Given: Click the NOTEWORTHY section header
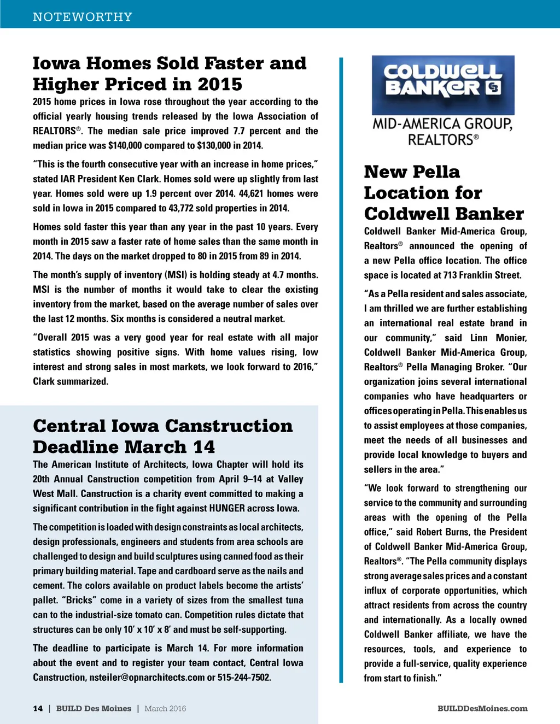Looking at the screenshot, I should [83, 17].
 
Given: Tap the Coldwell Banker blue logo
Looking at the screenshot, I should [443, 85].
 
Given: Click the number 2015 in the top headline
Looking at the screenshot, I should [220, 85].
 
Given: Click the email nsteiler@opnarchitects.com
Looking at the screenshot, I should [147, 678].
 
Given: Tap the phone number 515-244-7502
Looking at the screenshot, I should [244, 678].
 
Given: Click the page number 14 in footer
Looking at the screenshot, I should [38, 709].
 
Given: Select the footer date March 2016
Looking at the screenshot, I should [165, 709].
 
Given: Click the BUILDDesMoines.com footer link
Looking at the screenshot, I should [482, 709].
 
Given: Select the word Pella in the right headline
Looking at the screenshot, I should [436, 172].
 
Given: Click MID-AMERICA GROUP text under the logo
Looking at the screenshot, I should [442, 124].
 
